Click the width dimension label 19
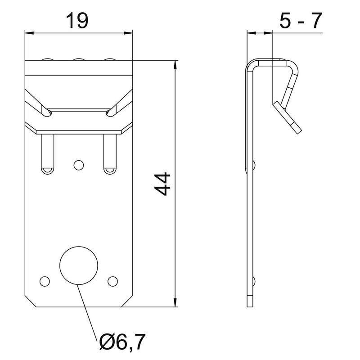77,21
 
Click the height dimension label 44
162,184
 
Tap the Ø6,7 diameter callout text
122,342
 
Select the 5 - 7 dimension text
301,21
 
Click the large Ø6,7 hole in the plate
78,265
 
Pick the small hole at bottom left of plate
45,281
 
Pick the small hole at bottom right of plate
113,281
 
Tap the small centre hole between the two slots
78,165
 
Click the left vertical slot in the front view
48,154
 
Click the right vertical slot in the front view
110,154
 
